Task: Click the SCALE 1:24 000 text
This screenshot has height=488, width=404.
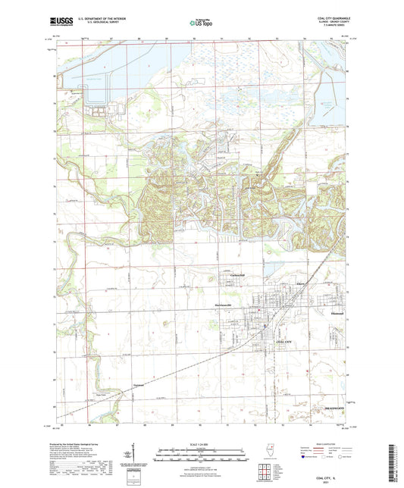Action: click(x=202, y=443)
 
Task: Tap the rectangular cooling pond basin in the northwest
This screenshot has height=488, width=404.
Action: click(x=99, y=94)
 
